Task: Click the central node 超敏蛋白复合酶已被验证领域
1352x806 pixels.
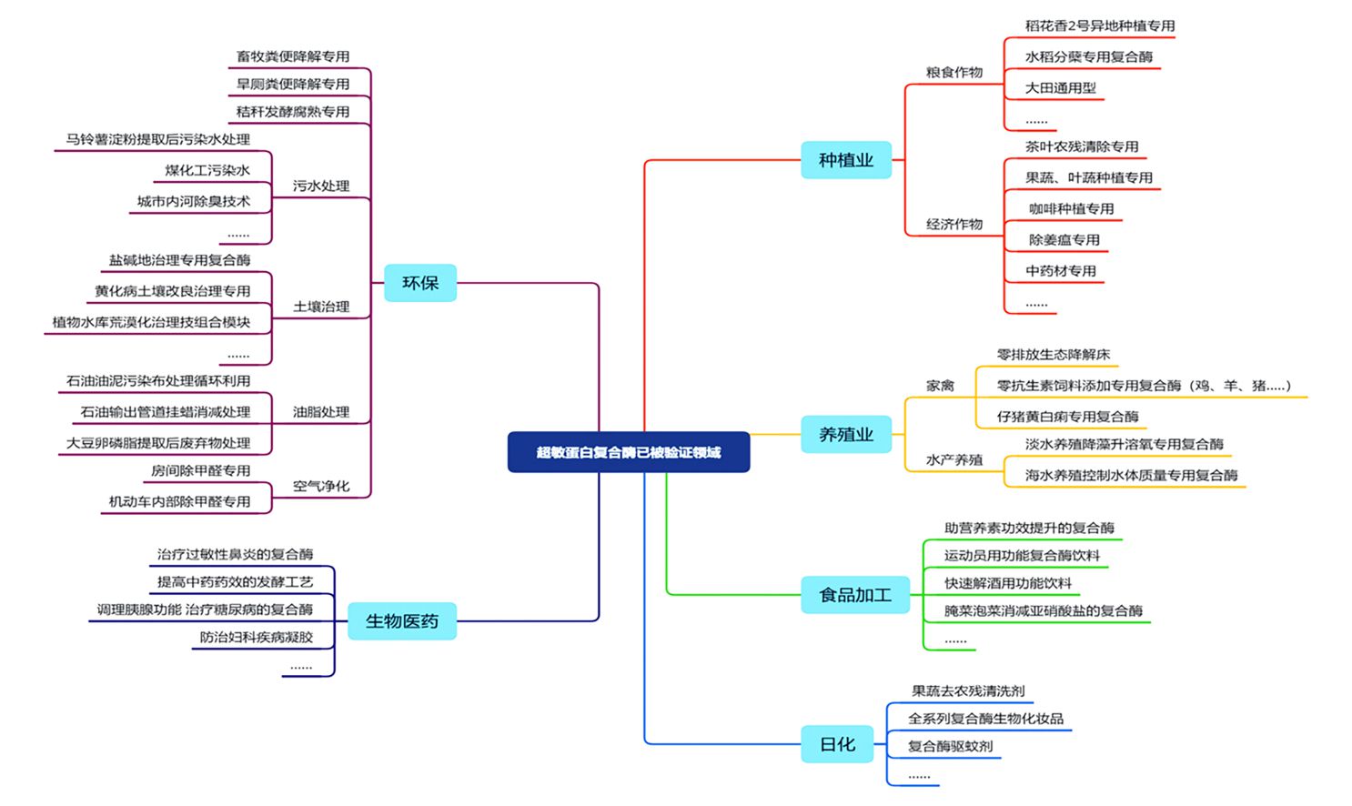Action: tap(628, 452)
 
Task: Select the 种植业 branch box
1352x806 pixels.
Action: tap(845, 160)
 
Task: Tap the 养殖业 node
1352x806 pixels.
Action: tap(845, 435)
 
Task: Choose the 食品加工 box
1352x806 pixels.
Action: tap(854, 595)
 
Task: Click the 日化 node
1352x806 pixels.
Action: tap(837, 744)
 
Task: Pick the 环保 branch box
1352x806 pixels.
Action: tap(420, 283)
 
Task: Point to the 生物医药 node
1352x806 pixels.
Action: tap(401, 621)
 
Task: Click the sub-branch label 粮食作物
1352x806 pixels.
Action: tap(954, 73)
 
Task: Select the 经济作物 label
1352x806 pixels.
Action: tap(954, 224)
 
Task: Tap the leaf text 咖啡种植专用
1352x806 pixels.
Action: tap(1071, 208)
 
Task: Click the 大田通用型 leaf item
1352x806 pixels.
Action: tap(1060, 87)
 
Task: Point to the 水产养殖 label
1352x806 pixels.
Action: tap(954, 460)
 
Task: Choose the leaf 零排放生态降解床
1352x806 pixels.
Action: tap(1053, 355)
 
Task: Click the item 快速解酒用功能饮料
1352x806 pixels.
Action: tap(1007, 583)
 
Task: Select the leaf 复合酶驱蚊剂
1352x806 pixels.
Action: tap(950, 746)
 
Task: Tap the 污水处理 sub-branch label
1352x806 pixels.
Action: tap(321, 186)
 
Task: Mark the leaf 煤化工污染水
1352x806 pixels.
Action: tap(207, 170)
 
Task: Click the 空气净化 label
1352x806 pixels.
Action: tap(321, 486)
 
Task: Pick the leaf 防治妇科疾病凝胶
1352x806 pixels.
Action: tap(256, 638)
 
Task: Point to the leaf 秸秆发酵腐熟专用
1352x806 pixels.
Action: tap(292, 112)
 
